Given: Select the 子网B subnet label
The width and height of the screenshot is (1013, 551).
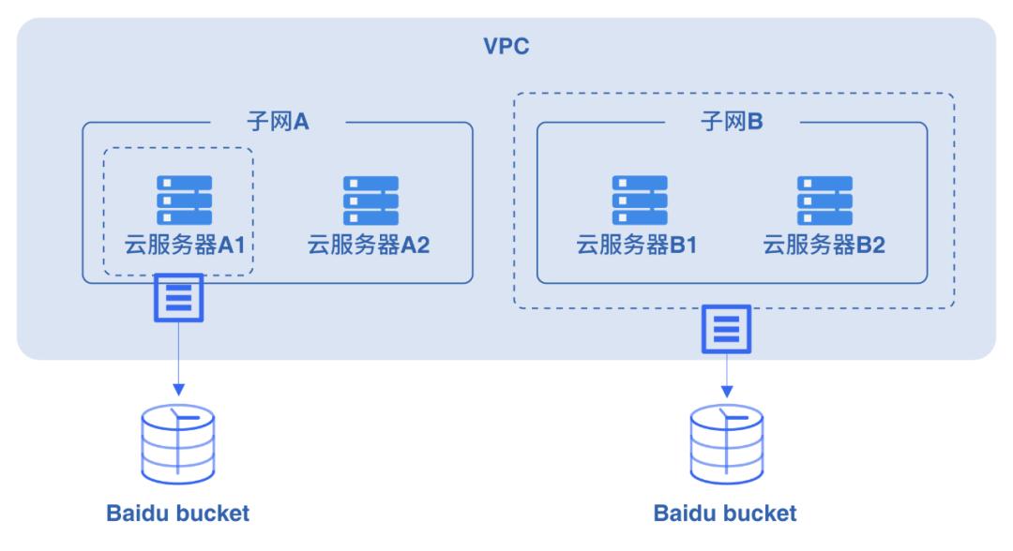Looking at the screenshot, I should pyautogui.click(x=732, y=123).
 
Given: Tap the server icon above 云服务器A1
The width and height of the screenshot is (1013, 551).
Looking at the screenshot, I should pyautogui.click(x=184, y=200).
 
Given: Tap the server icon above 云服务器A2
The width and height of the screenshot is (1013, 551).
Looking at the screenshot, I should pyautogui.click(x=370, y=200).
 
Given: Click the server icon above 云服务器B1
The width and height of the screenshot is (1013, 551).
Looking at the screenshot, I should pyautogui.click(x=640, y=200).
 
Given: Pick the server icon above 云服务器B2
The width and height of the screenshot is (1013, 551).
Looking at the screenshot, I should pyautogui.click(x=824, y=200).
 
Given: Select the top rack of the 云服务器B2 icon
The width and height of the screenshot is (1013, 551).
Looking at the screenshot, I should pyautogui.click(x=824, y=184).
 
